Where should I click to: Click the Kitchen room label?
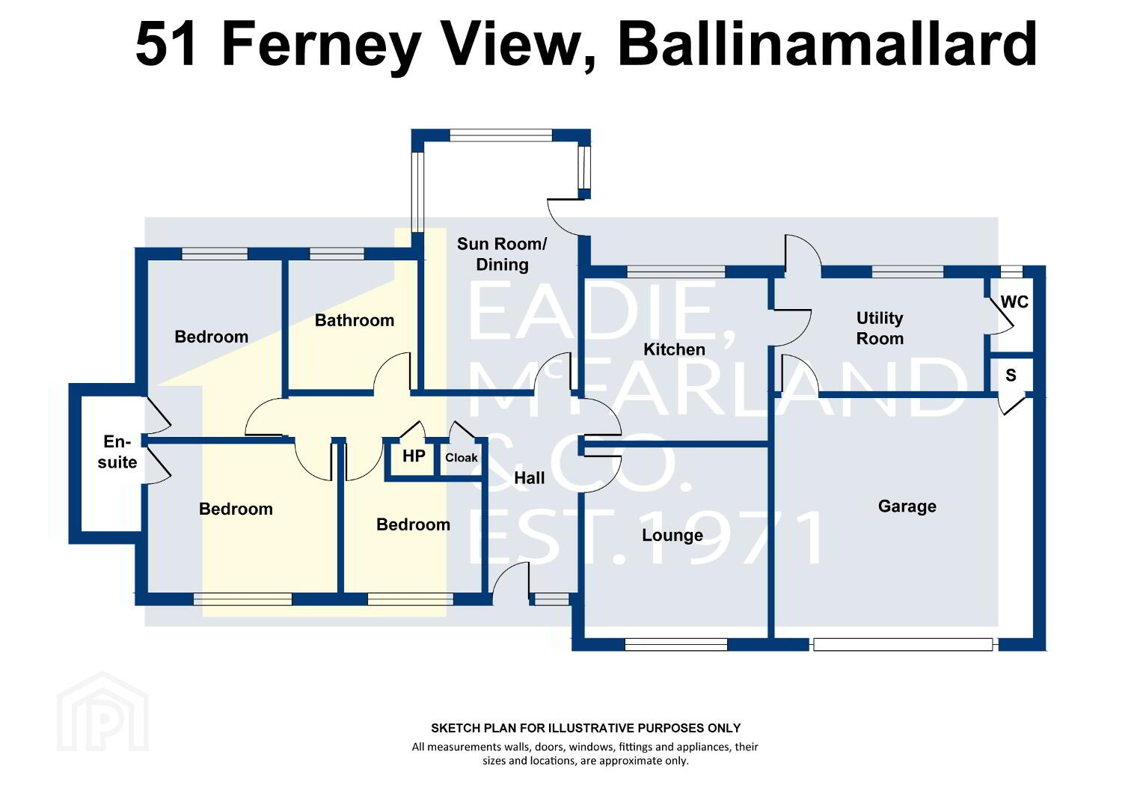click(674, 349)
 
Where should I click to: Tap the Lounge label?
click(672, 535)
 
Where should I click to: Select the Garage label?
click(907, 506)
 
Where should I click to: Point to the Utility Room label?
click(880, 328)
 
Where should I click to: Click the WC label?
click(1014, 302)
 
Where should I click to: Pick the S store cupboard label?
click(1011, 376)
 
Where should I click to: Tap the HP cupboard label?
click(414, 456)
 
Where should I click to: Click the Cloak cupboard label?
click(462, 458)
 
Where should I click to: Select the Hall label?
click(529, 478)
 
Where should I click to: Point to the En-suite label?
click(117, 452)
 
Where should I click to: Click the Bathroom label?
click(354, 320)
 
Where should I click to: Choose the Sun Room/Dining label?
click(502, 254)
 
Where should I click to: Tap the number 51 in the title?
click(166, 44)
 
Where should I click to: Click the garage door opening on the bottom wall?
click(903, 644)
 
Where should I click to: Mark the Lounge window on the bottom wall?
click(675, 645)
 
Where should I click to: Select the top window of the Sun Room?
click(500, 135)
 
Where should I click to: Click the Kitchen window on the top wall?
click(675, 272)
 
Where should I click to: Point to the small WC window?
click(1011, 271)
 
